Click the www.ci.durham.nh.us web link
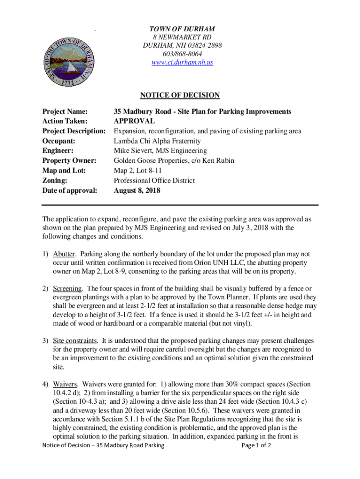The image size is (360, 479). pyautogui.click(x=182, y=62)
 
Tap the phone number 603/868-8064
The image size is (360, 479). pyautogui.click(x=182, y=54)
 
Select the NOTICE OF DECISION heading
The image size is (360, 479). pyautogui.click(x=180, y=95)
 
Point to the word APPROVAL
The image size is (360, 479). pyautogui.click(x=134, y=122)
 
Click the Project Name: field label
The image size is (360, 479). pyautogui.click(x=66, y=112)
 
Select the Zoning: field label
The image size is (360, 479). pyautogui.click(x=55, y=181)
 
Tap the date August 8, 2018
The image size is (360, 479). pyautogui.click(x=137, y=190)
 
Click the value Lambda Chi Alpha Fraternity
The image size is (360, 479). pyautogui.click(x=157, y=141)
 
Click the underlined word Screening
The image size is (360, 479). pyautogui.click(x=68, y=288)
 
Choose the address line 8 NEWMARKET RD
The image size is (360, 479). pyautogui.click(x=182, y=37)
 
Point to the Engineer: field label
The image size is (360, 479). pyautogui.click(x=58, y=151)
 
